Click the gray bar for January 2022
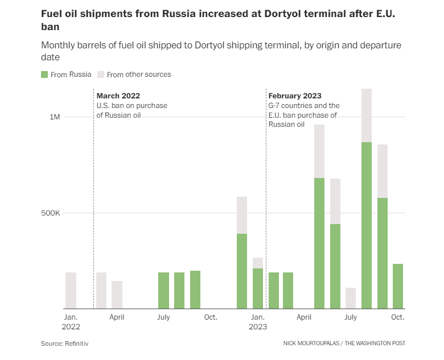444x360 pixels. point(71,291)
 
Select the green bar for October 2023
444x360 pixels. point(397,286)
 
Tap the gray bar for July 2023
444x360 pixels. point(351,298)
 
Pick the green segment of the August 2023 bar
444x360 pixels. point(367,225)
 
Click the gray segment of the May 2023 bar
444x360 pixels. point(319,151)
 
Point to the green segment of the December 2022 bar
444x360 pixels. point(242,271)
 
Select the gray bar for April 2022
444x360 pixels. point(117,295)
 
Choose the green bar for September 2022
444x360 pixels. point(195,289)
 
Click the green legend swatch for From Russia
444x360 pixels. point(44,75)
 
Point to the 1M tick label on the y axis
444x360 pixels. point(55,117)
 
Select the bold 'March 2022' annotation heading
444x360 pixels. point(118,96)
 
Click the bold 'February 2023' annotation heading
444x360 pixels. point(295,96)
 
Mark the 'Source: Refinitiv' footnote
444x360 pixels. point(64,344)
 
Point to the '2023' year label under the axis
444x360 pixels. point(258,327)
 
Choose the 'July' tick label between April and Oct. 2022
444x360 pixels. point(163,317)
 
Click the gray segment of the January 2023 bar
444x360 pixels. point(258,263)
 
